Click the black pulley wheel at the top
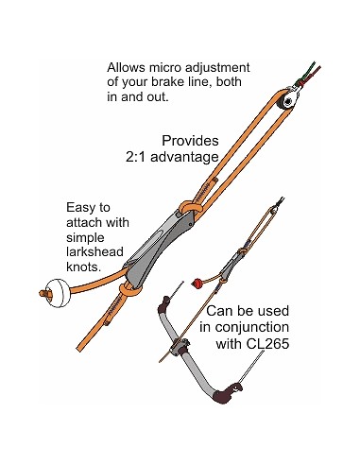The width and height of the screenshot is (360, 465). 286,102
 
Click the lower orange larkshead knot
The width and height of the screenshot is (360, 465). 129,288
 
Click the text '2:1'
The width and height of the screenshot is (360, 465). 135,157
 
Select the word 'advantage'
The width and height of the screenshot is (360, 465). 184,157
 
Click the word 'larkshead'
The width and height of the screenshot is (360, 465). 94,251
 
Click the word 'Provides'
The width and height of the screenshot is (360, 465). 190,141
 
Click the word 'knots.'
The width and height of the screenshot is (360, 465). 84,267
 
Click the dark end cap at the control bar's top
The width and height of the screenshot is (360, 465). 163,304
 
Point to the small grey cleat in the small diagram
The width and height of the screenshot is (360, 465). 231,267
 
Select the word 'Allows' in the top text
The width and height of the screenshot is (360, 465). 126,67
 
